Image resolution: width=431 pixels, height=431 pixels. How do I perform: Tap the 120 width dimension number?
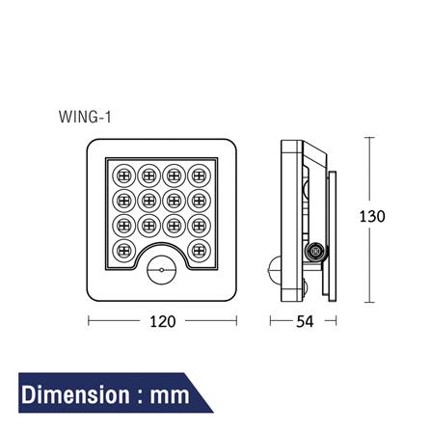pos(163,321)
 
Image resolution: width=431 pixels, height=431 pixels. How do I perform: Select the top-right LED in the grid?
pos(199,176)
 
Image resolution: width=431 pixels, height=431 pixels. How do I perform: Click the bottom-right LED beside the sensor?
pos(199,249)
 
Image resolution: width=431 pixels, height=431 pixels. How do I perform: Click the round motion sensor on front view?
pos(161,272)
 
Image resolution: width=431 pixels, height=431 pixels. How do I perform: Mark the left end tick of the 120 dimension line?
pos(89,321)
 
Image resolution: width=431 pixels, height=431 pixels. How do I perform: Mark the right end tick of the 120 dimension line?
pos(236,321)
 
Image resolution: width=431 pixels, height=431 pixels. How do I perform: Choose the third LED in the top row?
pos(175,176)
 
